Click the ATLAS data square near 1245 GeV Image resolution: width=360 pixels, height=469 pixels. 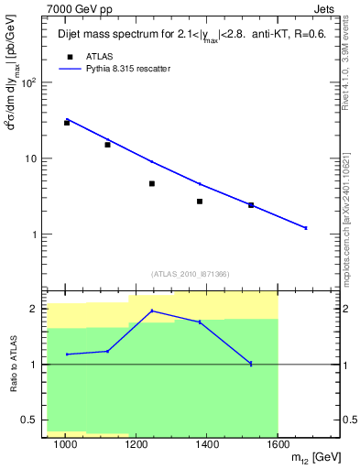click(152, 183)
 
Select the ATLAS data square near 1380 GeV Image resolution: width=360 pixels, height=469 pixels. click(200, 202)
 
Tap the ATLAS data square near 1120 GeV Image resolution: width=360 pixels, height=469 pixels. click(107, 145)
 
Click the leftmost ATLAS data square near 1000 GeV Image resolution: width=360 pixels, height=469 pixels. click(67, 122)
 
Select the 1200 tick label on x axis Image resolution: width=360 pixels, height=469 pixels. click(136, 445)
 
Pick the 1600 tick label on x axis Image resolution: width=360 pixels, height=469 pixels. click(278, 445)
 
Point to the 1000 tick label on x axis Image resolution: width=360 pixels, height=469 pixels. click(65, 445)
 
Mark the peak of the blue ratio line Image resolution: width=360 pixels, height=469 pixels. click(152, 311)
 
